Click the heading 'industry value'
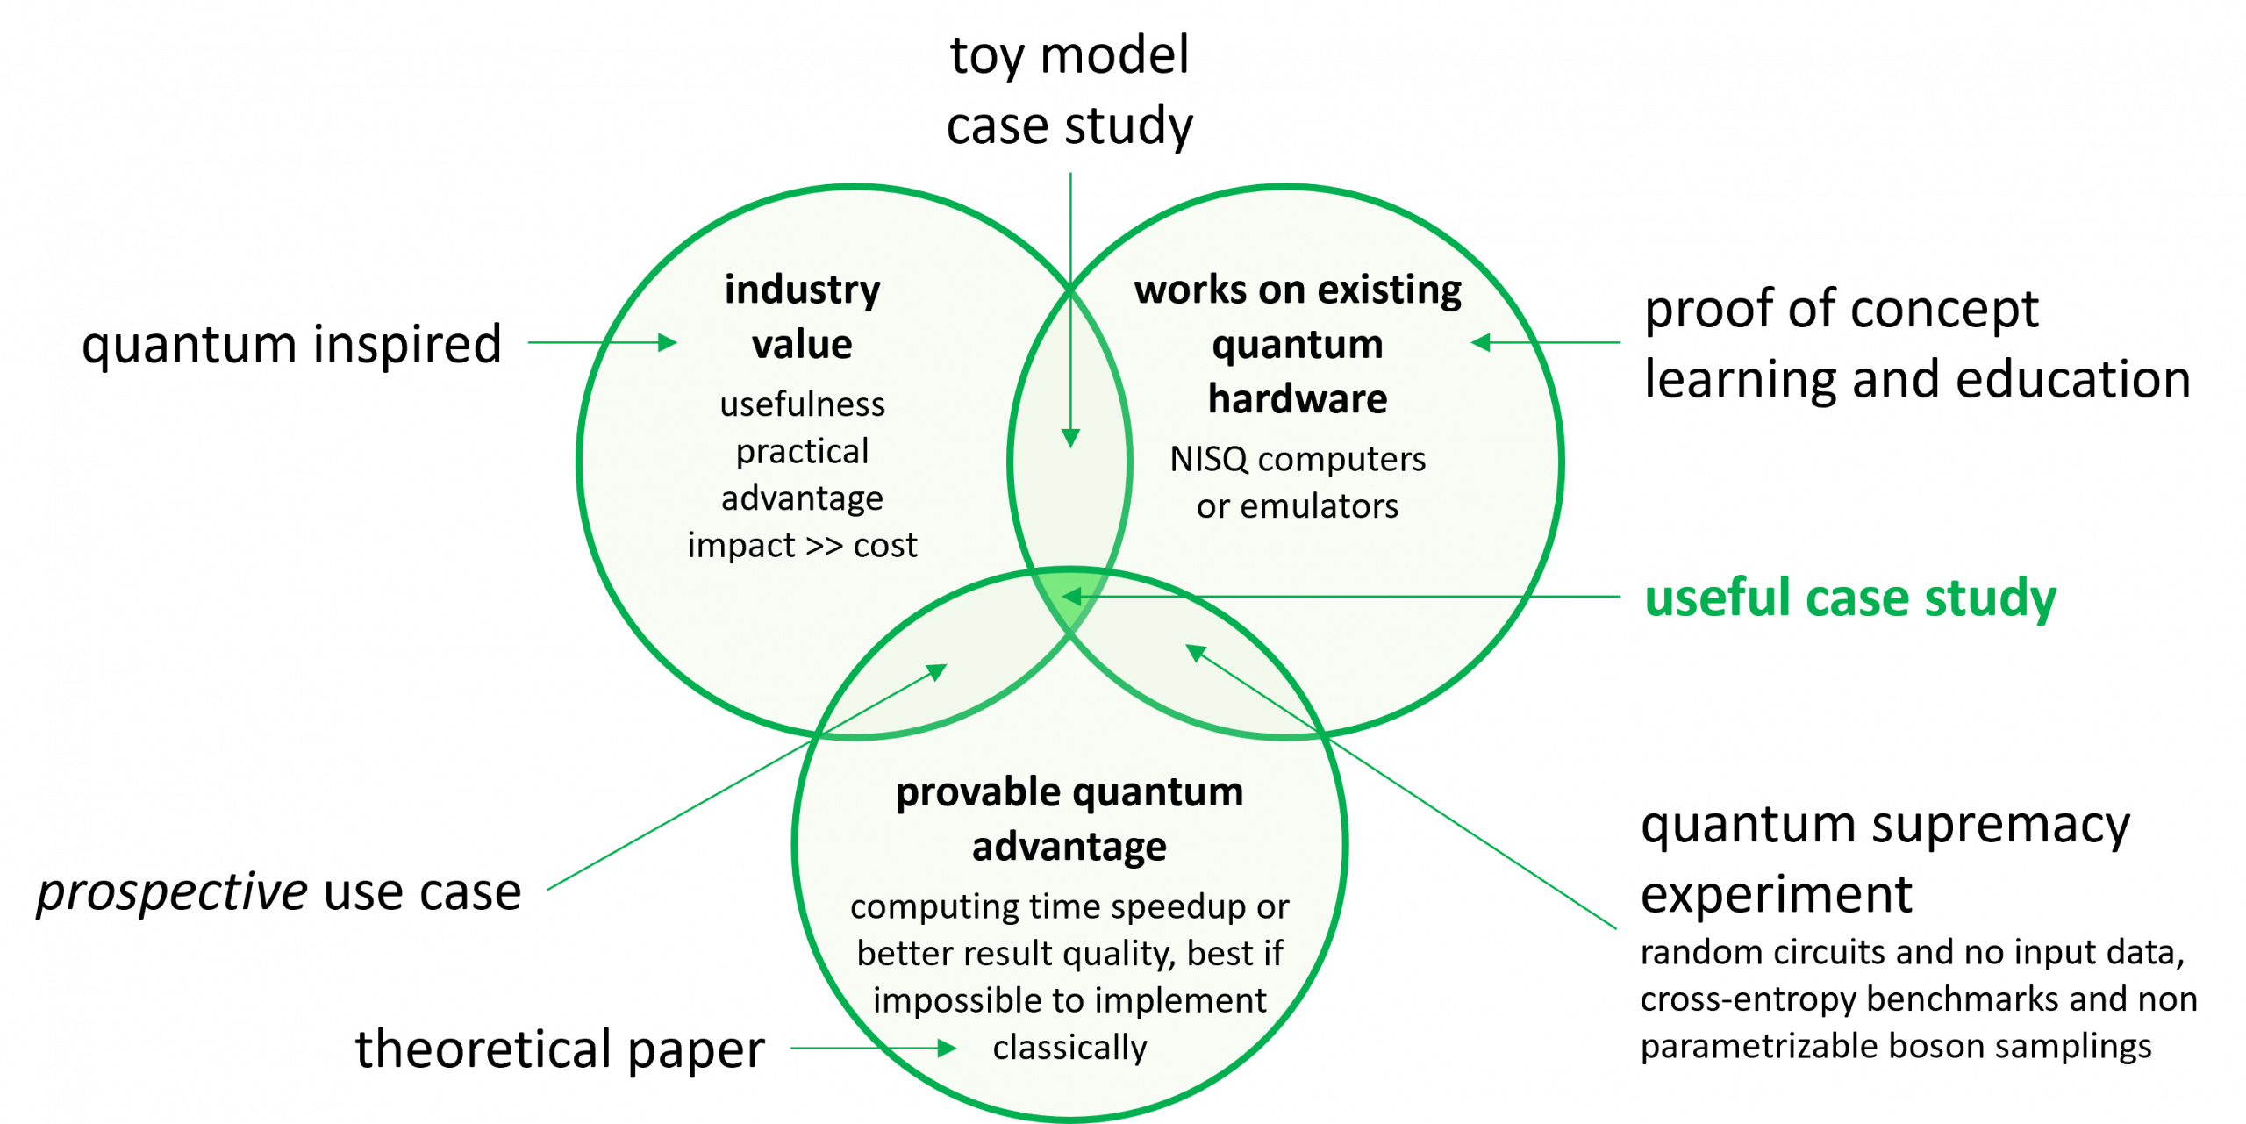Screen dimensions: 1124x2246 click(802, 316)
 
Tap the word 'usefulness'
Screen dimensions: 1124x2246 click(802, 404)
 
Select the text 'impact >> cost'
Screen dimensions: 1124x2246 click(802, 545)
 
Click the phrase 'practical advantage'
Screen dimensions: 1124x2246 click(802, 475)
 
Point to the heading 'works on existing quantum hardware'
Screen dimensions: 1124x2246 click(1298, 344)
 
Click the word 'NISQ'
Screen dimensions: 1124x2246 click(1208, 459)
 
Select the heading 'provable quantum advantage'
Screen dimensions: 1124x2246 click(1069, 820)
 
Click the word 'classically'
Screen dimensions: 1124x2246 click(1069, 1048)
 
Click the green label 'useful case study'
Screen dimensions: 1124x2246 click(1850, 598)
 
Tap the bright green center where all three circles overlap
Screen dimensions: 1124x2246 click(1069, 593)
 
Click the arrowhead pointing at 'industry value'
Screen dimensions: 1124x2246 click(669, 342)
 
